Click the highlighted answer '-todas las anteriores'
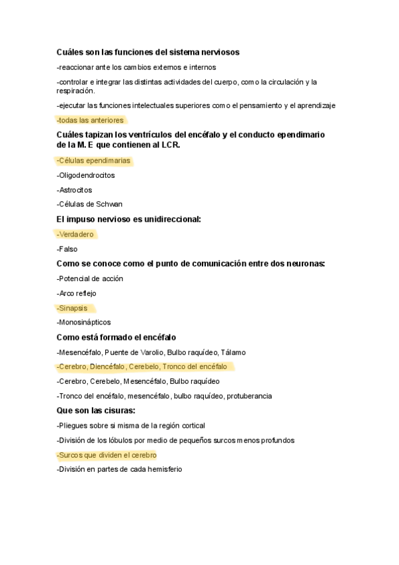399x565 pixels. (x=91, y=120)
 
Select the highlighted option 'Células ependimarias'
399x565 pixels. (x=94, y=161)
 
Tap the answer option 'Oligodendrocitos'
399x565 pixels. (x=86, y=175)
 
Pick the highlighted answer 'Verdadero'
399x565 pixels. (x=75, y=234)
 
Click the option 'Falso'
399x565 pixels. (x=67, y=249)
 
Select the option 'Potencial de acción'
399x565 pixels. (x=90, y=279)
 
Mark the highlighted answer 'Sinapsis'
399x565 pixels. (x=73, y=308)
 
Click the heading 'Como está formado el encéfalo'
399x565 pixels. (x=117, y=337)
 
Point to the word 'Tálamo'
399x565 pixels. (x=234, y=352)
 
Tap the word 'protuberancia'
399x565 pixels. (x=249, y=396)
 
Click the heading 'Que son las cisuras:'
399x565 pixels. (x=96, y=410)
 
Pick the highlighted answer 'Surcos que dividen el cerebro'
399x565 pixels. (x=107, y=454)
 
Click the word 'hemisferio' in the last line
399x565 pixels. (x=164, y=469)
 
